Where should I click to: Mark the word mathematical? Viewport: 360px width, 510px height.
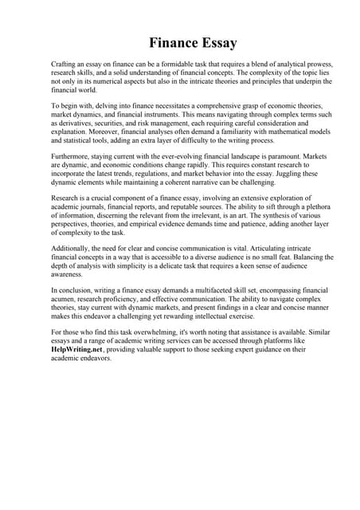click(286, 133)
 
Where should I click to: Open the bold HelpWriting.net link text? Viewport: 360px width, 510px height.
click(77, 348)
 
